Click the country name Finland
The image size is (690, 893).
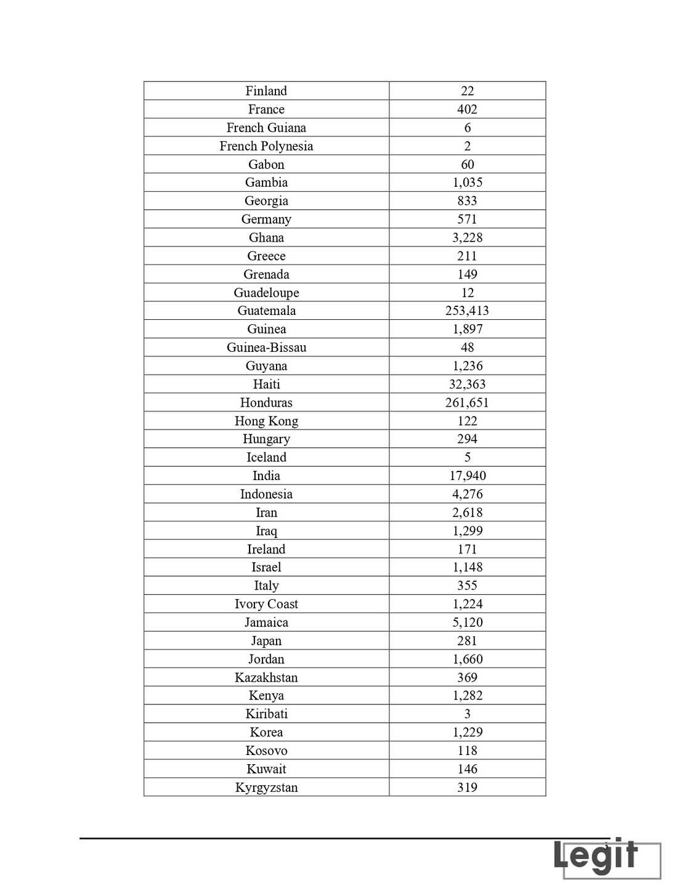click(266, 91)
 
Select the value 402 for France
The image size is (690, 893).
click(467, 110)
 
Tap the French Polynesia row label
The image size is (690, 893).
click(266, 146)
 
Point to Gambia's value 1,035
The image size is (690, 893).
click(468, 182)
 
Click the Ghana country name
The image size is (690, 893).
click(266, 238)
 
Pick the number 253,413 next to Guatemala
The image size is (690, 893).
click(467, 311)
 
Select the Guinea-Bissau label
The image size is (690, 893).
click(266, 348)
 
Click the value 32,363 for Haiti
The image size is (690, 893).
click(467, 385)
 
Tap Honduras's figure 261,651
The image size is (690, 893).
click(467, 403)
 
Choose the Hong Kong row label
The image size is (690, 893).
click(266, 421)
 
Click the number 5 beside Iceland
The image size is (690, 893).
click(468, 457)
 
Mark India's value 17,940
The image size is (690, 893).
click(468, 476)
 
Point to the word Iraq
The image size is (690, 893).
click(266, 531)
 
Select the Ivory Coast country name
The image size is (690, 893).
click(266, 604)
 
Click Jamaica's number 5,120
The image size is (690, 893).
click(468, 622)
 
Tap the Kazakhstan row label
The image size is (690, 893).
click(266, 677)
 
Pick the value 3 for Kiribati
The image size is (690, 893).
click(468, 714)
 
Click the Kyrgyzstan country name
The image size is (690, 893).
click(266, 788)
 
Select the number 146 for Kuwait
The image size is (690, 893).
click(468, 769)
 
